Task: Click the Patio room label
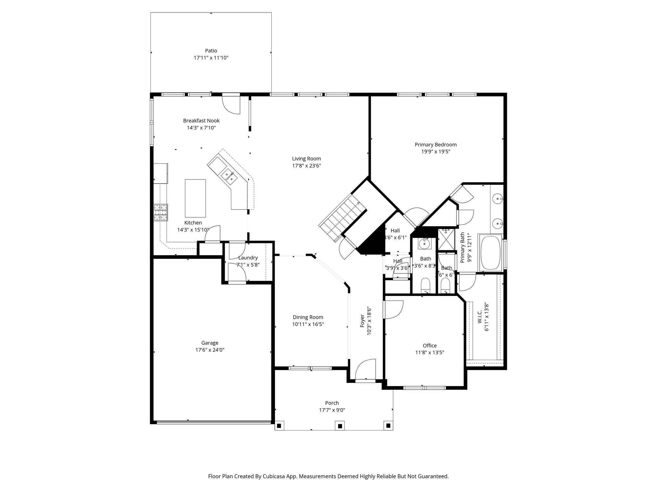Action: tap(211, 51)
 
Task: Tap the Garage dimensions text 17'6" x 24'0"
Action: tap(210, 350)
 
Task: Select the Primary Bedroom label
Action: tap(436, 145)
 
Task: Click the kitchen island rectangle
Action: tap(195, 198)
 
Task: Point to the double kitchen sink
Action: tap(229, 177)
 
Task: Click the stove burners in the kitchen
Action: tap(161, 212)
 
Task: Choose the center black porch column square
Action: tap(340, 426)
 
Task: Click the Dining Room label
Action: tap(308, 317)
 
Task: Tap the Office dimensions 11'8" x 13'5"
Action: tap(430, 352)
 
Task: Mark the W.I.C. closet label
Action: tap(479, 317)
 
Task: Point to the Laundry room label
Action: tap(248, 258)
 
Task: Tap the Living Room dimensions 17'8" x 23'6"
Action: tap(306, 166)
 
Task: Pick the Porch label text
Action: tap(332, 403)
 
